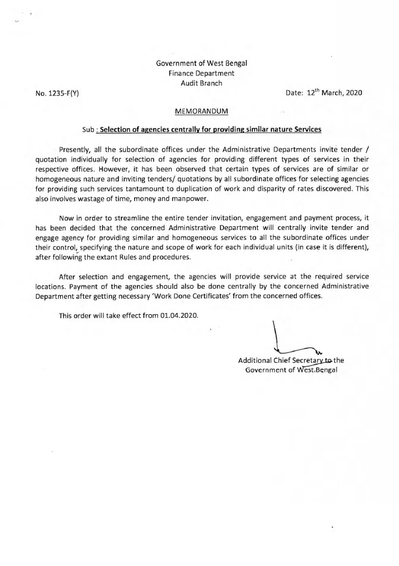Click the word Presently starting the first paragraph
78,148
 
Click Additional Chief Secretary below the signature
278,361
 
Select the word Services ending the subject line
306,129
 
